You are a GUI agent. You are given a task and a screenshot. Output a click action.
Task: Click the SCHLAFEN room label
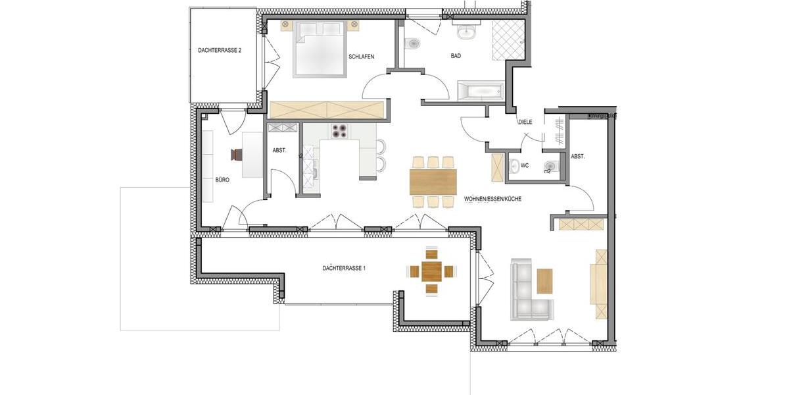pyautogui.click(x=362, y=57)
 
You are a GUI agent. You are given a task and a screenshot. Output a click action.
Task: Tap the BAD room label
pyautogui.click(x=456, y=57)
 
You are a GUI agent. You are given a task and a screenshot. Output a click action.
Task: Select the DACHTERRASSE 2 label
pyautogui.click(x=220, y=50)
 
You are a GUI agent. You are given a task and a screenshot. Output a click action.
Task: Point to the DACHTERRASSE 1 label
pyautogui.click(x=344, y=268)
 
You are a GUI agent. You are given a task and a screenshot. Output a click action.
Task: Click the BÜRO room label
pyautogui.click(x=222, y=180)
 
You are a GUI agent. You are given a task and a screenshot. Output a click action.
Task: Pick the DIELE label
pyautogui.click(x=525, y=122)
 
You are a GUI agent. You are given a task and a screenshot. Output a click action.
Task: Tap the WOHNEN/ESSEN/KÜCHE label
pyautogui.click(x=492, y=199)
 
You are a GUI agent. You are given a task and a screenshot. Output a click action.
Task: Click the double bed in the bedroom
pyautogui.click(x=320, y=47)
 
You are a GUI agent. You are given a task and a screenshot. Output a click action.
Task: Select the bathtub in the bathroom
pyautogui.click(x=479, y=91)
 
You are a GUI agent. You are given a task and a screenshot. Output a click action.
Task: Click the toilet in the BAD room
pyautogui.click(x=414, y=45)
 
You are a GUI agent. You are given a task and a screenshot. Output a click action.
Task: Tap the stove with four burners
pyautogui.click(x=339, y=131)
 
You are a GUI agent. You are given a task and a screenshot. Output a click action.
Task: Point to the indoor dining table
pyautogui.click(x=433, y=182)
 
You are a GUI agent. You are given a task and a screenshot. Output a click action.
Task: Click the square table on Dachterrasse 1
pyautogui.click(x=432, y=271)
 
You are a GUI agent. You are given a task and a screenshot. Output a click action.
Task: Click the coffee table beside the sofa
pyautogui.click(x=545, y=280)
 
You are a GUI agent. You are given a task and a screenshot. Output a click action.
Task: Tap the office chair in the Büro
pyautogui.click(x=237, y=155)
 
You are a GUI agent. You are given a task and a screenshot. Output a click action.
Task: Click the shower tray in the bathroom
pyautogui.click(x=508, y=40)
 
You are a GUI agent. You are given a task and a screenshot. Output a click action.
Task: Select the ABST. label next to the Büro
pyautogui.click(x=279, y=151)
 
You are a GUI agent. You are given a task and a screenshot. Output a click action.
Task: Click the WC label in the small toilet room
pyautogui.click(x=525, y=165)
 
